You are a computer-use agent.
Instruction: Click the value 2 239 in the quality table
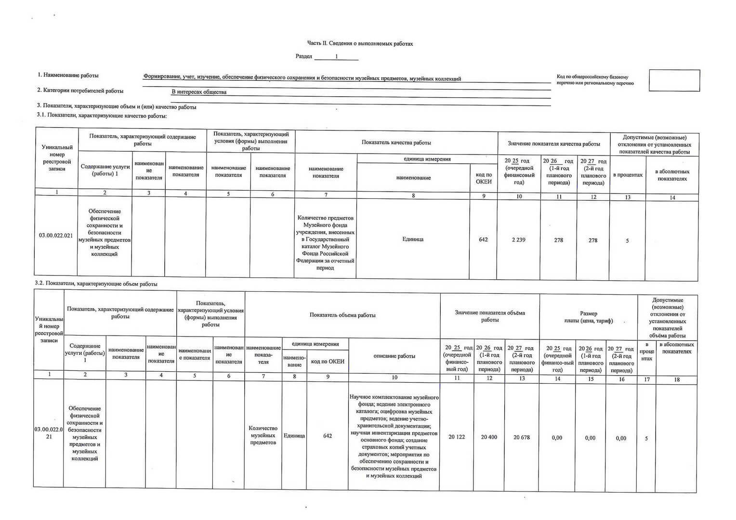518,240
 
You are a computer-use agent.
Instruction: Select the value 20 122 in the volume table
457,437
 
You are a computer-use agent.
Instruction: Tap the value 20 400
489,437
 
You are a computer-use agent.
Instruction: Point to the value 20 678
522,437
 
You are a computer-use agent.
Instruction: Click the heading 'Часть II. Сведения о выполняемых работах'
360,44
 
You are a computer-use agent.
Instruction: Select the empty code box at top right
674,80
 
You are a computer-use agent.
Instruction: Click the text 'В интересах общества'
199,92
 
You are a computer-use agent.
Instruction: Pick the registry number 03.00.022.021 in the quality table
56,235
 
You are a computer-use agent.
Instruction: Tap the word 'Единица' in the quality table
413,239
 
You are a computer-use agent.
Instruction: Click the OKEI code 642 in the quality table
483,239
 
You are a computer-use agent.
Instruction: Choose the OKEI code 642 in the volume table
328,436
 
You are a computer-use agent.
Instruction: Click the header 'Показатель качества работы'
396,143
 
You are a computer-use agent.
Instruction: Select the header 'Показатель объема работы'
342,315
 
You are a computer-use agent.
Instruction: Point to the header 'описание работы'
394,356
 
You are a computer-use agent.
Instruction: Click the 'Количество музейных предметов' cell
263,435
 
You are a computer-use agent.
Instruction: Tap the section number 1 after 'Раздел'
336,57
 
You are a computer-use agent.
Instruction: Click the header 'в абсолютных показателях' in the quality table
672,175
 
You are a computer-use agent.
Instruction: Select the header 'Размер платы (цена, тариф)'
589,317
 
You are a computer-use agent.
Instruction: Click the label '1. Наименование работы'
68,76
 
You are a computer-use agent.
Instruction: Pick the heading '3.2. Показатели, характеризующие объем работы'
96,284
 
